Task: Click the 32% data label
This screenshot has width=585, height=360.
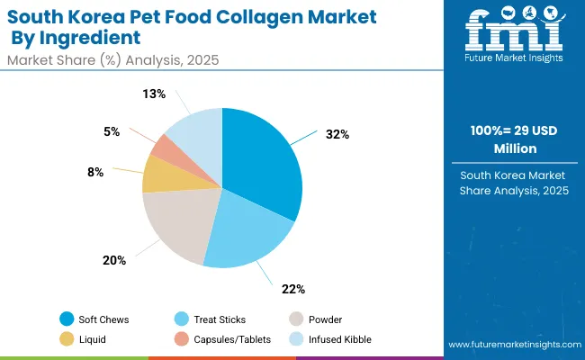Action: (x=337, y=133)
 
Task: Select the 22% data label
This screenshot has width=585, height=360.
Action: (x=293, y=289)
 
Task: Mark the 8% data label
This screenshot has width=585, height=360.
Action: (x=121, y=171)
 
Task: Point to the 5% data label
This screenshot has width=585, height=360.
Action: (x=112, y=130)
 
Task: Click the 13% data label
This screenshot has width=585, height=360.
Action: (x=155, y=93)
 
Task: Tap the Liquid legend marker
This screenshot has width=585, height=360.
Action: (x=67, y=339)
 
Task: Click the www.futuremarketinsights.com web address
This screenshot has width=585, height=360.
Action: (x=510, y=345)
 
